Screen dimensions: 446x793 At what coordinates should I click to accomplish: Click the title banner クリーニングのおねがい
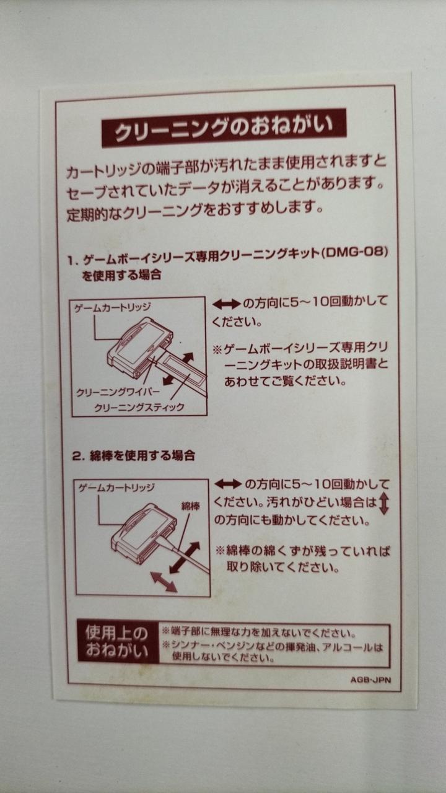point(224,128)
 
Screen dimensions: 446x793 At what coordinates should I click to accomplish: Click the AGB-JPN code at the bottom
point(370,680)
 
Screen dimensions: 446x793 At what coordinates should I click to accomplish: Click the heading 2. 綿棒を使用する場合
point(134,455)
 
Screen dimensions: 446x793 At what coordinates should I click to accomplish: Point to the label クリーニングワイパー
point(118,392)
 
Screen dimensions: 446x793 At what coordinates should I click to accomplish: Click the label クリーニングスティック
point(139,408)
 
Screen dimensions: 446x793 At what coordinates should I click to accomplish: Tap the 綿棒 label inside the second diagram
point(190,506)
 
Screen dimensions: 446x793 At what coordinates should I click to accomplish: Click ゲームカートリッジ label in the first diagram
point(112,307)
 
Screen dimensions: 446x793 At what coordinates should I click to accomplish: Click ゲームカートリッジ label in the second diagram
point(116,488)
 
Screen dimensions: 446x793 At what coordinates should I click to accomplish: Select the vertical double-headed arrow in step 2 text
point(383,504)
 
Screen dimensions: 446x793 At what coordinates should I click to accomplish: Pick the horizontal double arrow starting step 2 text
point(229,484)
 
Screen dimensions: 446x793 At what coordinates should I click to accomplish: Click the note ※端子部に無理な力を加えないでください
point(259,633)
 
